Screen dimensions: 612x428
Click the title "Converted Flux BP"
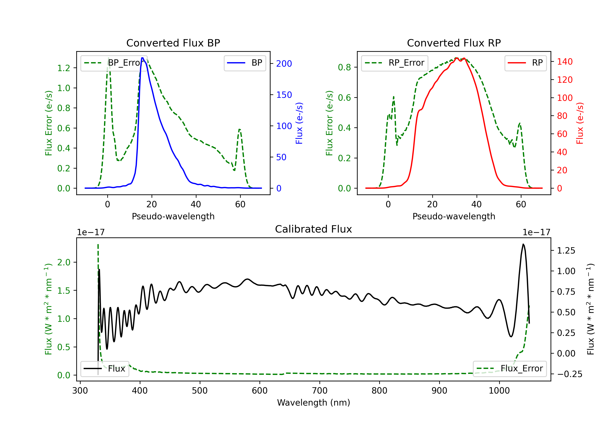tap(173, 43)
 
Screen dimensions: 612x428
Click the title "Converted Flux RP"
tap(454, 43)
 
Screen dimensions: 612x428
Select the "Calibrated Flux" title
tap(314, 229)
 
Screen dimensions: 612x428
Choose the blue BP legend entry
tap(245, 63)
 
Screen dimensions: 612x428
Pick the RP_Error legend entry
tap(395, 63)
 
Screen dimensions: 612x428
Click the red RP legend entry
tap(525, 63)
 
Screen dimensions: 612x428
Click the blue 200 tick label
tap(284, 64)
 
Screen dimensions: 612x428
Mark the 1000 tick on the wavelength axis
tap(499, 391)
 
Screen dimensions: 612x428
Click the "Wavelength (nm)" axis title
tap(314, 403)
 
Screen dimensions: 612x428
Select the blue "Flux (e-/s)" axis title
tap(299, 123)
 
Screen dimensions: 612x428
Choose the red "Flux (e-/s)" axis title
tap(580, 123)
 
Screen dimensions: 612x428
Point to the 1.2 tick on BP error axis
tap(64, 68)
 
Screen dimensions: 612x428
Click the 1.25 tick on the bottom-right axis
tap(566, 251)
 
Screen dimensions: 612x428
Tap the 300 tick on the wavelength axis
tap(80, 391)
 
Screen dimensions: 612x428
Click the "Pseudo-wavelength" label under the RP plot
tap(454, 216)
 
